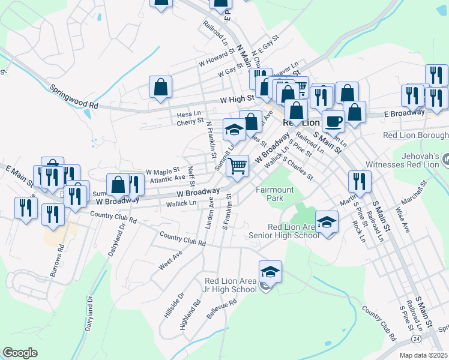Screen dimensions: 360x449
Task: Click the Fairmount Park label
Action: [x=275, y=193]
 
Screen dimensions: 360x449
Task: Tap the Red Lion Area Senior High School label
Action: [x=285, y=231]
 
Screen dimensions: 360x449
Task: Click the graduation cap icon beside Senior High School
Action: [x=327, y=223]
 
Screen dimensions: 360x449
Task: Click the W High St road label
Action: [x=237, y=100]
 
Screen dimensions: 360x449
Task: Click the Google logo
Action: [x=20, y=353]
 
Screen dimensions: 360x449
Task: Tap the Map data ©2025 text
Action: [x=424, y=355]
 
